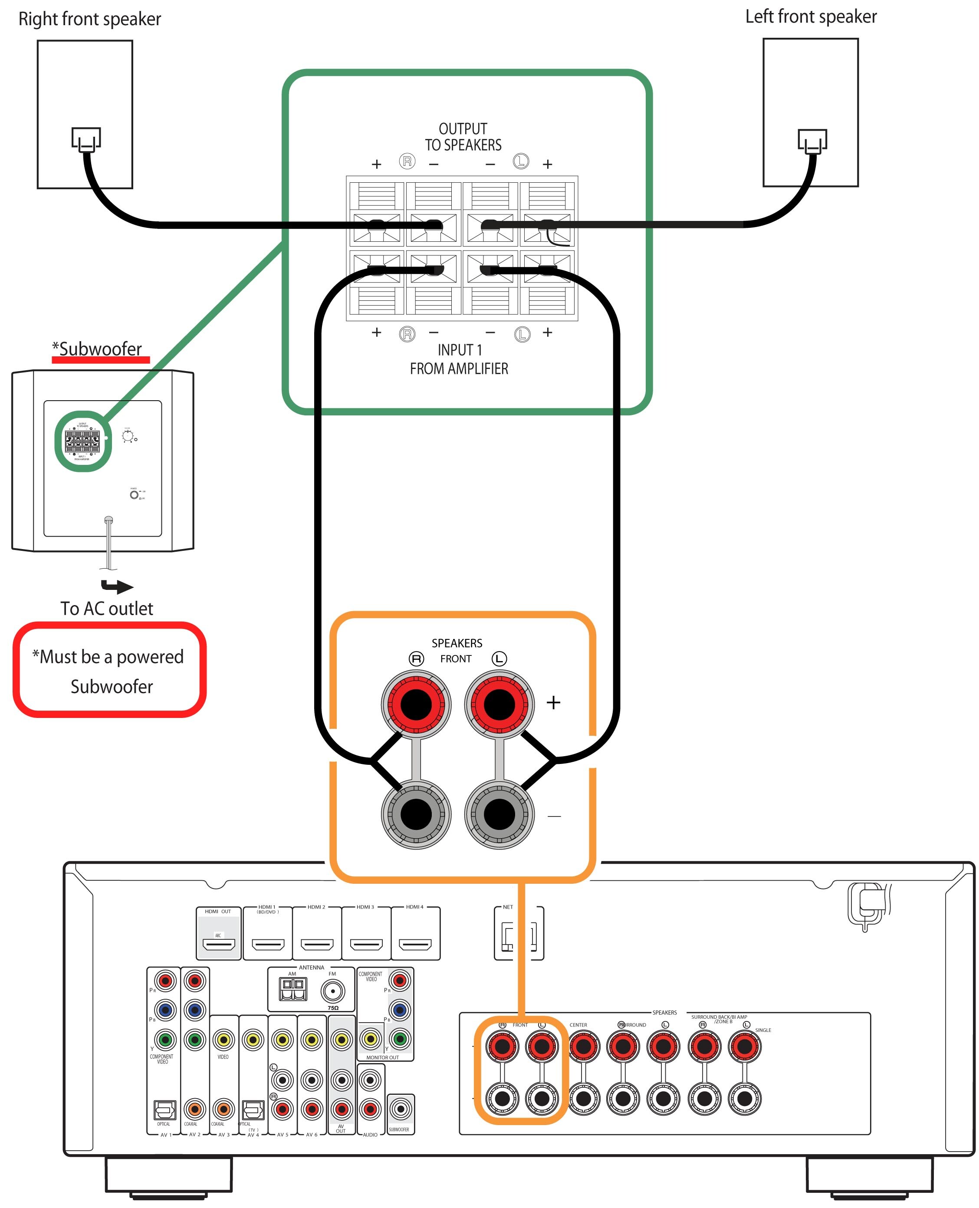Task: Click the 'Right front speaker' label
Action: tap(90, 19)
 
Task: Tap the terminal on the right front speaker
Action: tap(86, 139)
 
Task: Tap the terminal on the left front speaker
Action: tap(812, 141)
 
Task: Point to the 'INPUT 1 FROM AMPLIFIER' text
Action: tap(459, 359)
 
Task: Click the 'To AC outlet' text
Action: tap(107, 609)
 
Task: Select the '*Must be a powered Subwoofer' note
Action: tap(109, 671)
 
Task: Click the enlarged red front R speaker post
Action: tap(416, 704)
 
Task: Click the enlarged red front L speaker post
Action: tap(499, 704)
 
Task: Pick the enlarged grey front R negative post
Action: tap(416, 814)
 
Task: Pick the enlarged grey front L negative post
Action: tap(499, 814)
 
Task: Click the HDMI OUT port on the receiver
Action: tap(219, 944)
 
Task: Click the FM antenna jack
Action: tap(333, 991)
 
